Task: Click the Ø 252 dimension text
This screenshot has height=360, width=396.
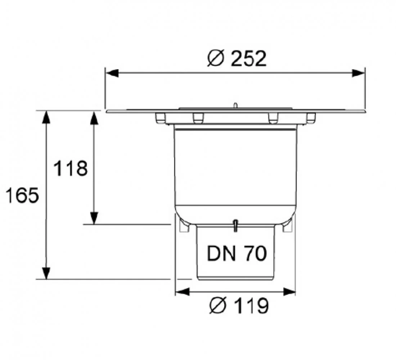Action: tap(237, 58)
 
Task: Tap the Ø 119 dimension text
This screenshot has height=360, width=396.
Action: tap(239, 305)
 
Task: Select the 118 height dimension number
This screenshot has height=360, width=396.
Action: tap(71, 168)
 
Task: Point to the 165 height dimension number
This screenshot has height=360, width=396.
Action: tap(22, 195)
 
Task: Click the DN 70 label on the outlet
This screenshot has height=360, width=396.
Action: tap(237, 253)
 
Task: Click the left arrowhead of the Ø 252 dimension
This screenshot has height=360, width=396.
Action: tap(112, 73)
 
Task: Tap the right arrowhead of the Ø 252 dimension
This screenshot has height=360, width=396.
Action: tap(359, 73)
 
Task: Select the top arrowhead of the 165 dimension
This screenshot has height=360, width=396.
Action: tap(46, 117)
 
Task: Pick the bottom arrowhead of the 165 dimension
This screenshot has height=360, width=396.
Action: tap(46, 273)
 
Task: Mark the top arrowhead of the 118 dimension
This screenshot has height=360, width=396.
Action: tap(94, 117)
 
